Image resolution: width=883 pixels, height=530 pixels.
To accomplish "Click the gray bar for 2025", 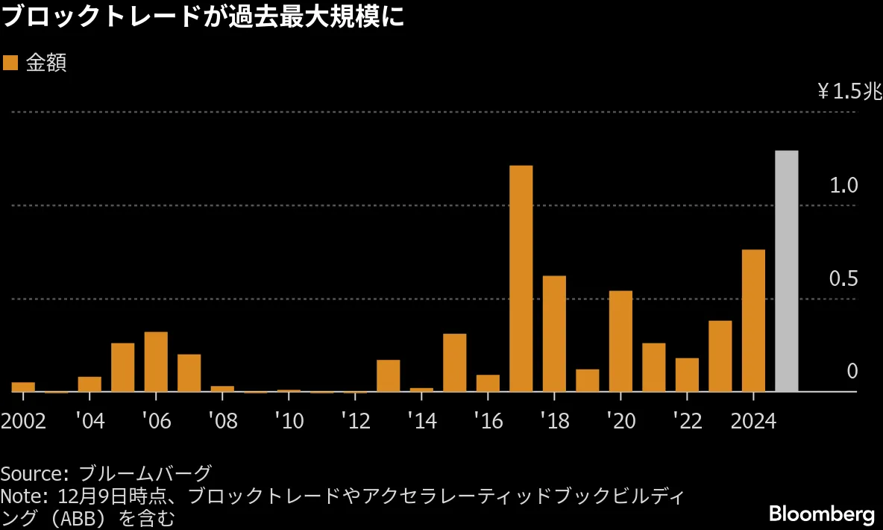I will (x=787, y=271).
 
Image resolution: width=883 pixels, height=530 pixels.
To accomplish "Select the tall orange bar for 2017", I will (x=521, y=278).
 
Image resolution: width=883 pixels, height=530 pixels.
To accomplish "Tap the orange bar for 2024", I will (x=753, y=320).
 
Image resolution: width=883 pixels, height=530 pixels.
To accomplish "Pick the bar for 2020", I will (x=620, y=341).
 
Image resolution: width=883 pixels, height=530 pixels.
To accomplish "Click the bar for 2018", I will (x=554, y=334).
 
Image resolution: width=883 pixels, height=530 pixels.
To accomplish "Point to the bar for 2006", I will (x=156, y=361).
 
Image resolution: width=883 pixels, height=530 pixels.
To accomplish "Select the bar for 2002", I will (x=23, y=387).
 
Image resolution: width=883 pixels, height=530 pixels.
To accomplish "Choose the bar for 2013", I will (x=388, y=375).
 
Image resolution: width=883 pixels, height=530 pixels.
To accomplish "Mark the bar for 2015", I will (x=454, y=362).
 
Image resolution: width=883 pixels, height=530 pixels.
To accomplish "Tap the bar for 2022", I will (x=687, y=375).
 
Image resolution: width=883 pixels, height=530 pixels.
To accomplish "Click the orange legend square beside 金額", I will (x=10, y=63).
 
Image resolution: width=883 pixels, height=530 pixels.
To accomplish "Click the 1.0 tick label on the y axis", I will (x=844, y=185).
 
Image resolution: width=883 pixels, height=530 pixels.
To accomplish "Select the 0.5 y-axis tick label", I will (x=844, y=278).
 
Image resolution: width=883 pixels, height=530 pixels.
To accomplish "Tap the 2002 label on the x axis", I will (x=23, y=421).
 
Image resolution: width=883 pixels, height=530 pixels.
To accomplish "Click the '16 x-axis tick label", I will (x=488, y=421).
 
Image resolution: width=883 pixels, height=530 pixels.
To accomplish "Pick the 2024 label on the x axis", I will (x=753, y=421).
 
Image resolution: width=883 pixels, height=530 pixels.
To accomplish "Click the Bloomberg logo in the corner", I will (x=821, y=514).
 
